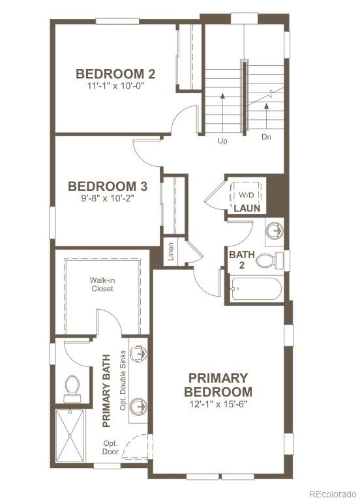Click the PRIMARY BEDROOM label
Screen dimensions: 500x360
pyautogui.click(x=218, y=385)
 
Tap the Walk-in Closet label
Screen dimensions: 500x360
pyautogui.click(x=102, y=284)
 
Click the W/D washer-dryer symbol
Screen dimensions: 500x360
pyautogui.click(x=245, y=195)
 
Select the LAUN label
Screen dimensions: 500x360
pyautogui.click(x=247, y=209)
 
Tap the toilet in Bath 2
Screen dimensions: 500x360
pyautogui.click(x=269, y=261)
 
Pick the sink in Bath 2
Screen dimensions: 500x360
pyautogui.click(x=275, y=231)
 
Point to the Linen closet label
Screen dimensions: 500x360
pyautogui.click(x=170, y=252)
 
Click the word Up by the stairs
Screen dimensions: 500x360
pyautogui.click(x=222, y=140)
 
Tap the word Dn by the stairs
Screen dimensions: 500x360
pyautogui.click(x=266, y=138)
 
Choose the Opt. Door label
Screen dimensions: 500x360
pyautogui.click(x=109, y=447)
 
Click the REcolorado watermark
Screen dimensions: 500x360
pyautogui.click(x=333, y=493)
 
